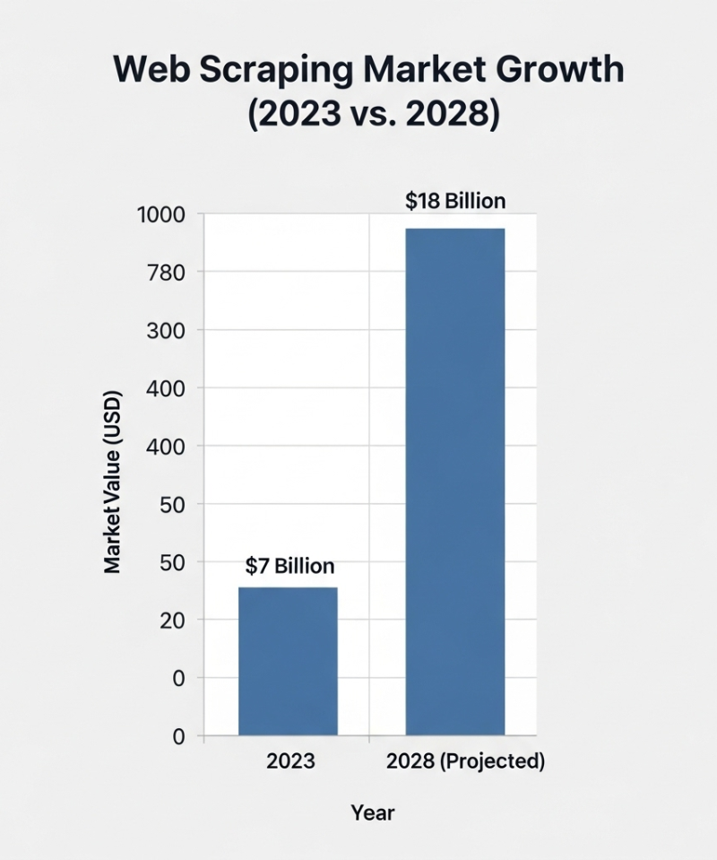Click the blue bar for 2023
pyautogui.click(x=288, y=661)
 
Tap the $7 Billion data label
pyautogui.click(x=289, y=566)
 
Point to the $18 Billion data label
pyautogui.click(x=455, y=201)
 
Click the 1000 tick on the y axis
pyautogui.click(x=161, y=215)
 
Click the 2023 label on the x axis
pyautogui.click(x=290, y=761)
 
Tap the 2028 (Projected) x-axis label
pyautogui.click(x=466, y=761)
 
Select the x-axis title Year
pyautogui.click(x=372, y=813)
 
